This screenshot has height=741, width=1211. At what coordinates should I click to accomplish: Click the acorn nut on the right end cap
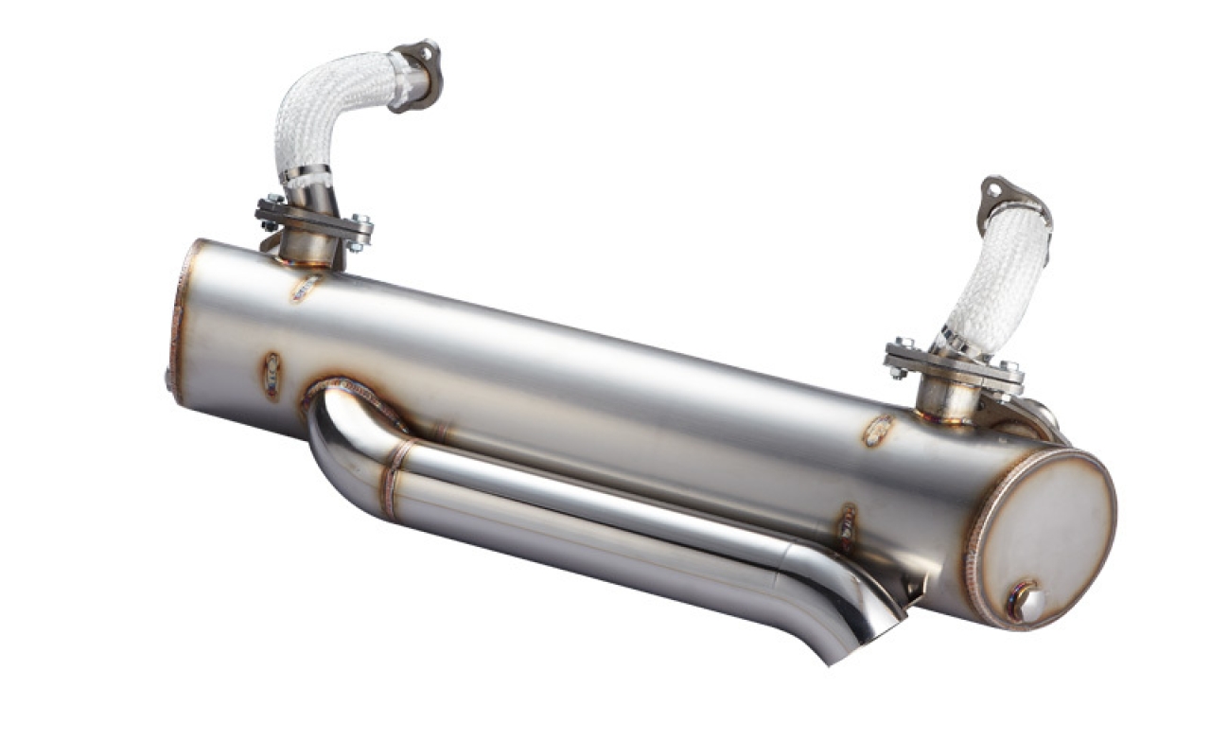pos(1027,603)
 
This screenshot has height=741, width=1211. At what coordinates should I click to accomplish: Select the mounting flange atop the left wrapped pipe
pos(417,70)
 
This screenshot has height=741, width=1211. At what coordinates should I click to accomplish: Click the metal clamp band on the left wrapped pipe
pos(305,176)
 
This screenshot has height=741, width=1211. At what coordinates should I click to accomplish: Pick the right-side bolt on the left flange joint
pos(360,233)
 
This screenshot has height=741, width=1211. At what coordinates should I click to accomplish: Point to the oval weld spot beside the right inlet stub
pos(877,430)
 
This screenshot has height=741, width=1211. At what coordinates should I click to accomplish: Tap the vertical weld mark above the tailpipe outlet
pos(847,524)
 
